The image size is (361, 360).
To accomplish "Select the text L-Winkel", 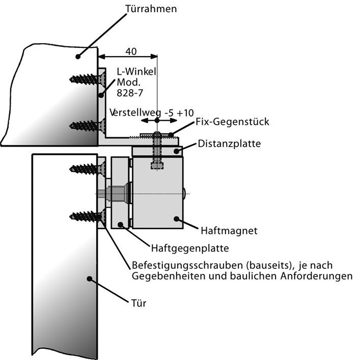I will pos(135,72).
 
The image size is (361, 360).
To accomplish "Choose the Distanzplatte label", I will pos(229,144).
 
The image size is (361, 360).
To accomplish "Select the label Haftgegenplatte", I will pos(189,248).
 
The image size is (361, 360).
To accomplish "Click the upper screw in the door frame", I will pos(86,79).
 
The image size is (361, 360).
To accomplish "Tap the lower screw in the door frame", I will pos(86,125).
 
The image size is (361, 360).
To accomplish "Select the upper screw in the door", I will pos(86,169).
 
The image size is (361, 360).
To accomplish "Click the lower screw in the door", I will pos(86,216).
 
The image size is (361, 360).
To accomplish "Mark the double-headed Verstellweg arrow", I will pos(157,121).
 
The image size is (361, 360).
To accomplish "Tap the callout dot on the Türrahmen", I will pos(78,56).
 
